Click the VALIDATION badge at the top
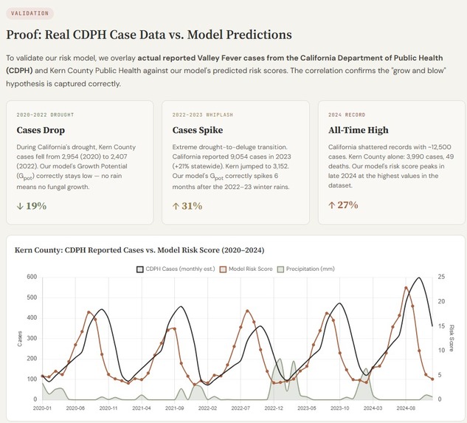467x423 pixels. (30, 13)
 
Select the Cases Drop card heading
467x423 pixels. (41, 130)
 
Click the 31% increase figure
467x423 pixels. (187, 206)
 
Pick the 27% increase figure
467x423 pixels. (343, 204)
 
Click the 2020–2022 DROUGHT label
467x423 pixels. (45, 114)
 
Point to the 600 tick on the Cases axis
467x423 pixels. (32, 278)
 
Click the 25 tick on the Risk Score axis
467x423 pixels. (441, 278)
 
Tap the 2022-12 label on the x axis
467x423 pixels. (274, 407)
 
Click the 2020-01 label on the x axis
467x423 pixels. (42, 407)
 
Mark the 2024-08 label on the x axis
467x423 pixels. (407, 407)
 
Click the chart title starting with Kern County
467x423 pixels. (139, 250)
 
